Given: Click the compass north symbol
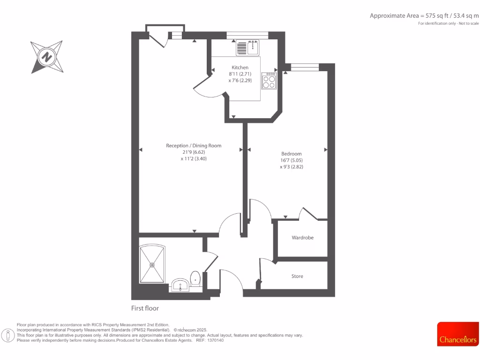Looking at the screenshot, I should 46,57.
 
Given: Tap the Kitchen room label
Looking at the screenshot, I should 240,67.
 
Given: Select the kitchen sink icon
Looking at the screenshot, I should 248,48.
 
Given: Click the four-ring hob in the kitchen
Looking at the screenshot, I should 269,82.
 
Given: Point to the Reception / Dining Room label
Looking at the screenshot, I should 194,146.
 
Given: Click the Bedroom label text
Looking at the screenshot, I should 291,154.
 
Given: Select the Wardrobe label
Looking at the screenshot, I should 302,238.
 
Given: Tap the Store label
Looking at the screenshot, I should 297,276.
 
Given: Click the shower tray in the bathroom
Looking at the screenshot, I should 152,264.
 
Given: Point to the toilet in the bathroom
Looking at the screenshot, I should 195,278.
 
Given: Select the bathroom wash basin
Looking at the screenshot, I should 180,285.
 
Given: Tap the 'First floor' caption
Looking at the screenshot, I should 145,308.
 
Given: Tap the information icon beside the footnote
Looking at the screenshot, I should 8,336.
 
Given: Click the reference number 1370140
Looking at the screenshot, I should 216,340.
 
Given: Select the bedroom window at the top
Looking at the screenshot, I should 304,67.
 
